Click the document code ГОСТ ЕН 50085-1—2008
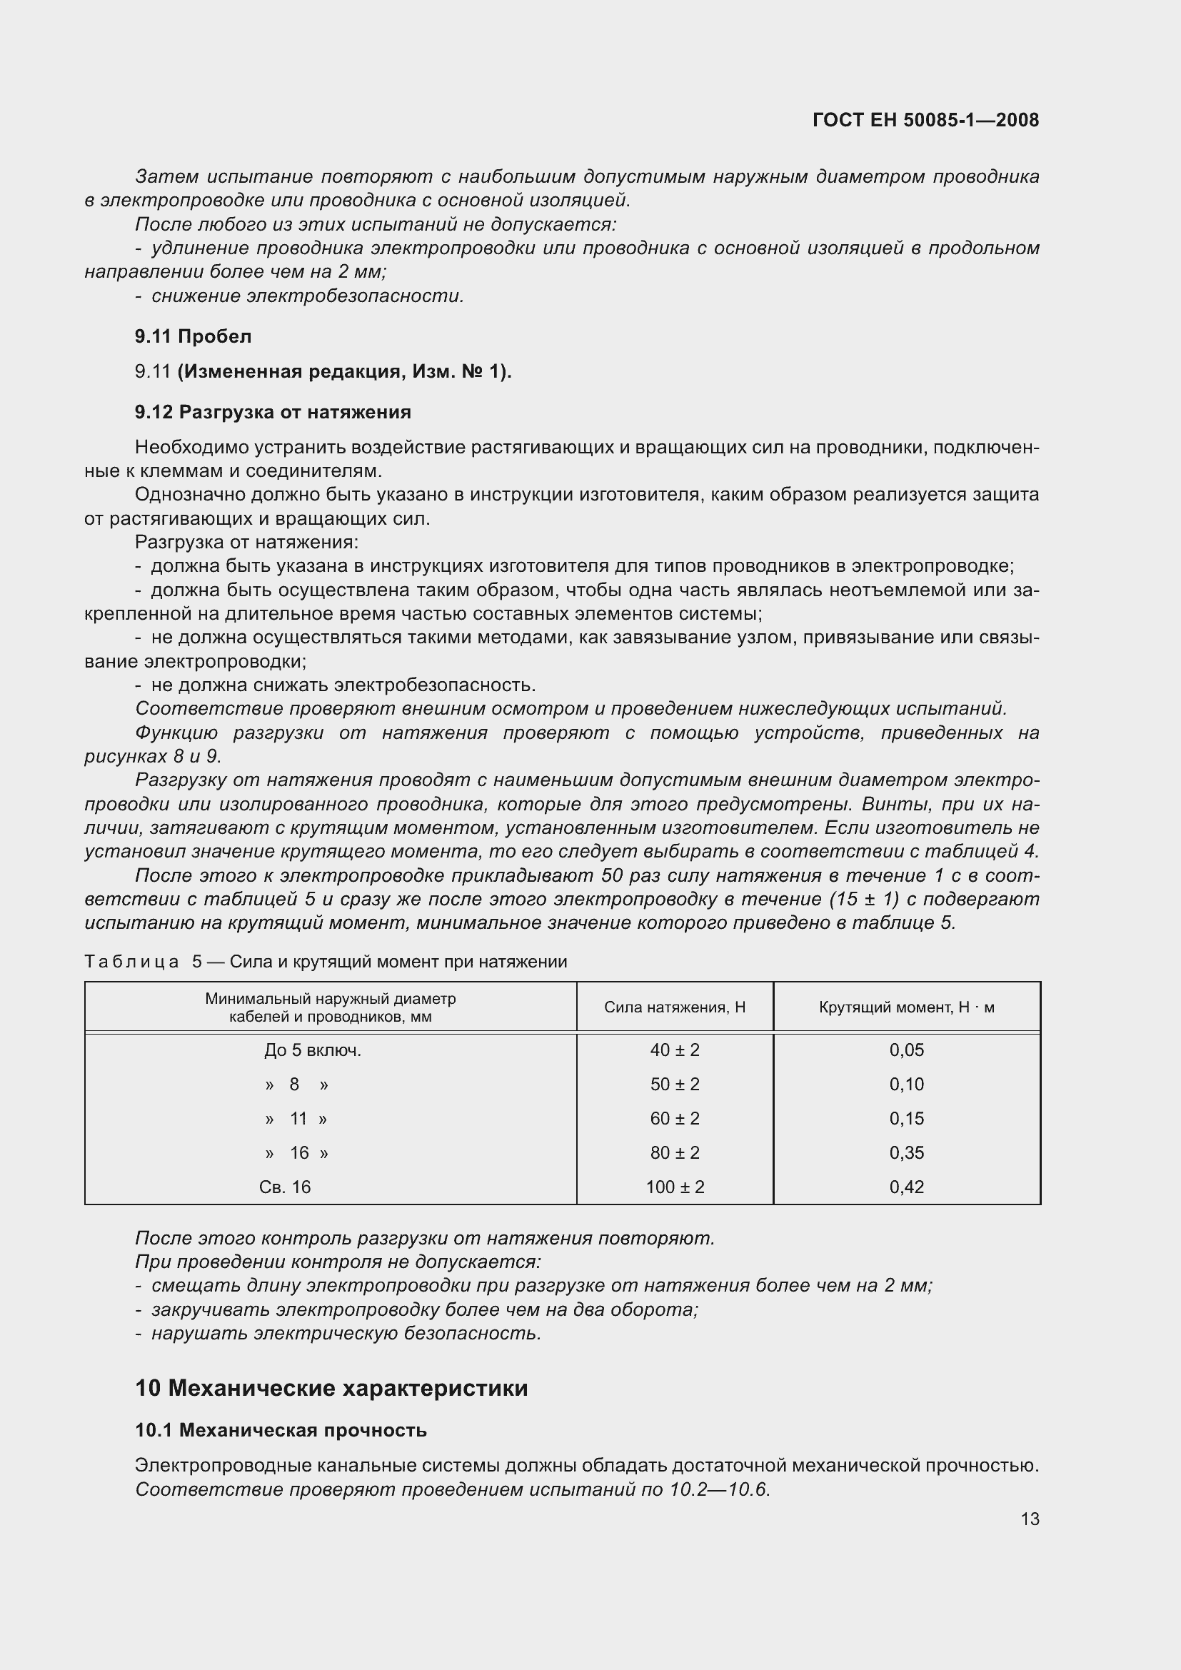click(x=925, y=120)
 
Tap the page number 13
click(x=1030, y=1519)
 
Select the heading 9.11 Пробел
click(x=193, y=336)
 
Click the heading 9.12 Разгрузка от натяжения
click(x=273, y=412)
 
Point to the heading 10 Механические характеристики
click(x=331, y=1388)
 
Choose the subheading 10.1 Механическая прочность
click(x=281, y=1430)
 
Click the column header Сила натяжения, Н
click(x=674, y=1007)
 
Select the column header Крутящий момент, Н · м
click(x=906, y=1007)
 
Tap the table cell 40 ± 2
click(x=674, y=1050)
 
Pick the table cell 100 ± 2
click(x=674, y=1187)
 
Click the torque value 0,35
click(x=906, y=1153)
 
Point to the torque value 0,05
click(x=906, y=1050)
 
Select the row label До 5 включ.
click(x=313, y=1050)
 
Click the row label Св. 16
click(x=284, y=1187)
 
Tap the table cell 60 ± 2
click(x=674, y=1119)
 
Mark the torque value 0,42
click(x=906, y=1187)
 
